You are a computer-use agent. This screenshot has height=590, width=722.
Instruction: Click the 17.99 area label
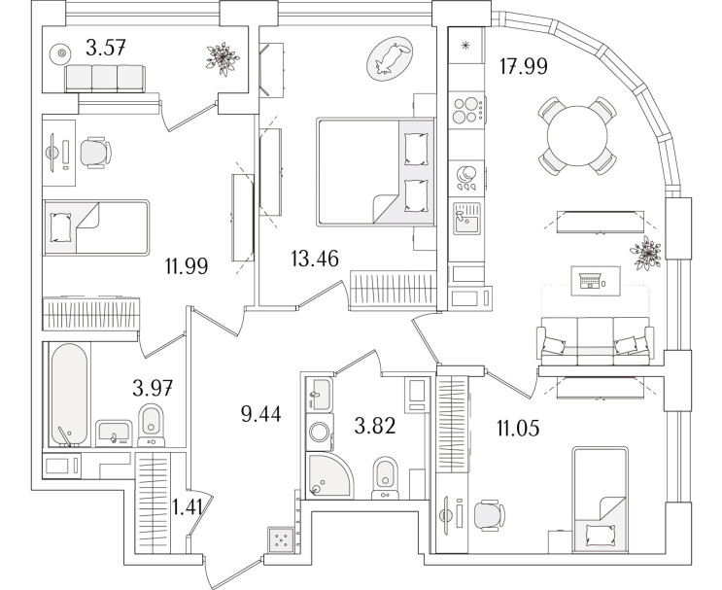point(524,66)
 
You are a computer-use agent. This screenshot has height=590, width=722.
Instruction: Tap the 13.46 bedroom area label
point(315,259)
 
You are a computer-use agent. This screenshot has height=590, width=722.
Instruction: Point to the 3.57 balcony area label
point(106,48)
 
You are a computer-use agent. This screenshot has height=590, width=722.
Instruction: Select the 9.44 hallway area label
point(260,414)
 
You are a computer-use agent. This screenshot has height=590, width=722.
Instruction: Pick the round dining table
point(577,136)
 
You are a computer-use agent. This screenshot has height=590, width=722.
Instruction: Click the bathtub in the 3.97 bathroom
point(69,395)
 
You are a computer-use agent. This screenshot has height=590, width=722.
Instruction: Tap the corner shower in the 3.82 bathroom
point(329,475)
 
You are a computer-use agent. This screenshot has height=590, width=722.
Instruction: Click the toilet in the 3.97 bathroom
point(151,425)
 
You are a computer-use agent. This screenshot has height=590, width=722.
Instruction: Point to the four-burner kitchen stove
point(466,110)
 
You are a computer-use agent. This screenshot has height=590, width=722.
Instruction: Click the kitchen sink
point(466,219)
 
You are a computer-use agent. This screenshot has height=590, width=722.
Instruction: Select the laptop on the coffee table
point(590,280)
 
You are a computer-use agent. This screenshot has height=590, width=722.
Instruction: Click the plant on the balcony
point(223,59)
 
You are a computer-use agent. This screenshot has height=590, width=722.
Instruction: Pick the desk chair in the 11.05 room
point(489,515)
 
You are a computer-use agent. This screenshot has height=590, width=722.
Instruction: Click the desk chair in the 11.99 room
point(96,153)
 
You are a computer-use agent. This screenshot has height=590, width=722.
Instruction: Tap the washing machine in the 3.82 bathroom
point(320,432)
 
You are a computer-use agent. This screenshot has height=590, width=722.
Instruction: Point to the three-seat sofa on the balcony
point(105,79)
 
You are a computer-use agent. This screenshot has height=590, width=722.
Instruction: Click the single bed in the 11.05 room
point(601,500)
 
